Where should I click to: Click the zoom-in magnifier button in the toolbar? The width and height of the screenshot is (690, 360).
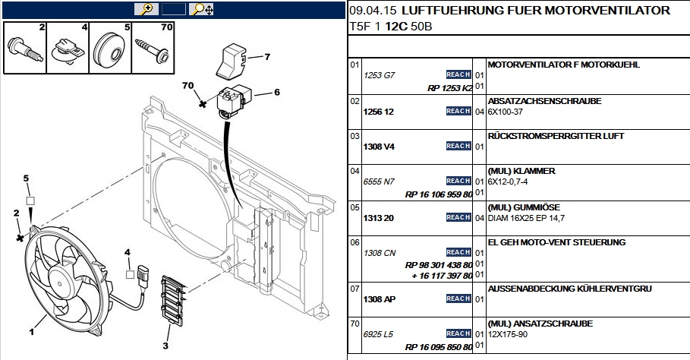point(144,10)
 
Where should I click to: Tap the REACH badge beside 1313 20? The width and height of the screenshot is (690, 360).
point(458,218)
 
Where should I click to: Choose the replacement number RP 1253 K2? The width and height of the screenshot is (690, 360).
point(450,88)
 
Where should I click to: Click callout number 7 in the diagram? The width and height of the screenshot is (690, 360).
point(267,57)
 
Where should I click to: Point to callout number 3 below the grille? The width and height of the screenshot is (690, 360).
point(165,346)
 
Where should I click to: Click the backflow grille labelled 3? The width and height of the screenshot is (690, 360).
point(172,299)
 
